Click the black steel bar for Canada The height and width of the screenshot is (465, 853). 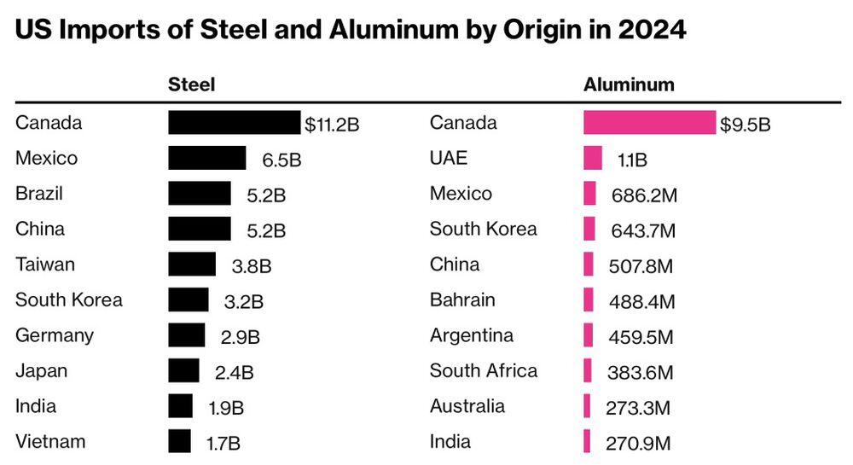coord(234,123)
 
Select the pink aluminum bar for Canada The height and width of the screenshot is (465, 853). coord(649,123)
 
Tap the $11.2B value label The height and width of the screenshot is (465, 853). coord(332,125)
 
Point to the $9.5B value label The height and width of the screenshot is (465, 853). coord(745,125)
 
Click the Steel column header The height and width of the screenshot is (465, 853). coord(191,84)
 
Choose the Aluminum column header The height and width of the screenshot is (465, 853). coord(629,84)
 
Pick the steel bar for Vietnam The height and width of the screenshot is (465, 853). coord(180,442)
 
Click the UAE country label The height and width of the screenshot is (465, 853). coord(449,158)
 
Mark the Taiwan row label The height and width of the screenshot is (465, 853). coord(45,264)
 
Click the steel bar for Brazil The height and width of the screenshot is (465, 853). coord(200,194)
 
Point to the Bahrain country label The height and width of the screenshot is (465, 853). coord(462,299)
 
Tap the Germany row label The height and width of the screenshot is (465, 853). coord(55,335)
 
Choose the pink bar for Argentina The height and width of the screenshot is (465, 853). coord(589,335)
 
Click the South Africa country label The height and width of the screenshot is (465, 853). coord(484,370)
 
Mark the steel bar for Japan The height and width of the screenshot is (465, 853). coord(183,371)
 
